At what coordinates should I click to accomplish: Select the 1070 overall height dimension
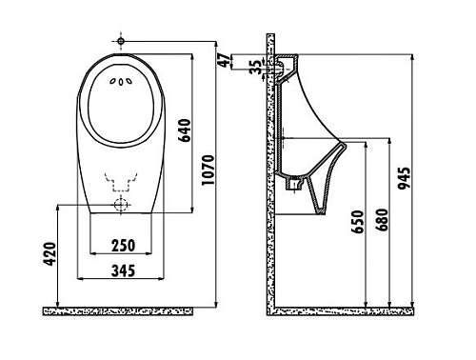click(x=221, y=170)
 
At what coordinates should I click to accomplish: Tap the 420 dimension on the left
click(x=50, y=254)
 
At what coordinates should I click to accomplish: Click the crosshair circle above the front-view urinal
click(x=121, y=41)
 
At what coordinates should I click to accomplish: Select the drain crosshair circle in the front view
click(x=121, y=205)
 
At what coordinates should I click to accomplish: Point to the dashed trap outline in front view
click(x=121, y=179)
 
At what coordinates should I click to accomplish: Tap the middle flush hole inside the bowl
click(x=121, y=82)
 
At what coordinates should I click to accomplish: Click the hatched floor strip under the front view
click(x=128, y=310)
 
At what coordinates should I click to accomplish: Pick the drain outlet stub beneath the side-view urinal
click(x=295, y=182)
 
